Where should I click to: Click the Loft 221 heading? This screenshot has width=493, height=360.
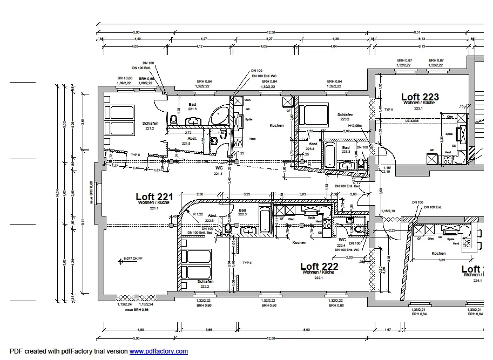(154, 197)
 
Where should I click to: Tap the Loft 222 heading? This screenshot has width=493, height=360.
(319, 267)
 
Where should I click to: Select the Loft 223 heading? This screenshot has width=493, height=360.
(420, 97)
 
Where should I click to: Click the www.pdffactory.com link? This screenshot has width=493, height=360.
(158, 351)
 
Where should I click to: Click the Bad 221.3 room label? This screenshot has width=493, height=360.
(192, 106)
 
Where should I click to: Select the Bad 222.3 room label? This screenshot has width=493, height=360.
(242, 212)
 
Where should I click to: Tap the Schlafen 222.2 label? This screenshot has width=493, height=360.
(205, 284)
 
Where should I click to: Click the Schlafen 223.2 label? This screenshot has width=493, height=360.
(345, 117)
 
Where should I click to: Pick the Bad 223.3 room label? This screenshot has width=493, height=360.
(346, 150)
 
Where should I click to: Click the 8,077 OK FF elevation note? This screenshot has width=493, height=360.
(133, 259)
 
